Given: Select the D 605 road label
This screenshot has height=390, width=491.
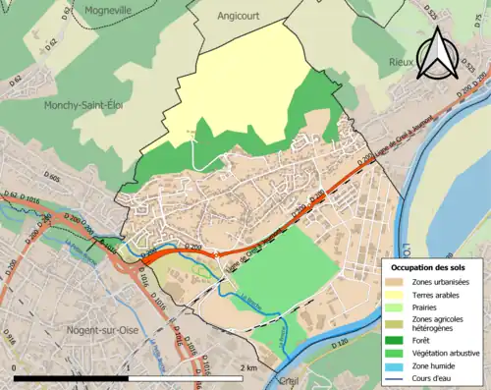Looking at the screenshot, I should pos(52,178).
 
